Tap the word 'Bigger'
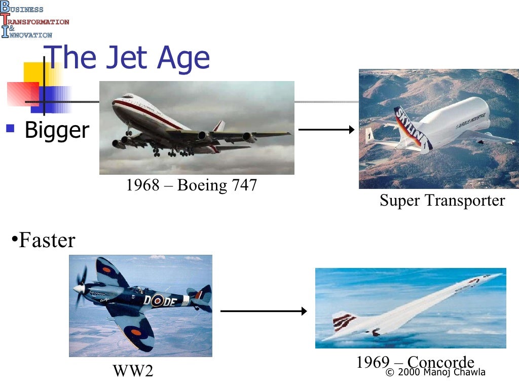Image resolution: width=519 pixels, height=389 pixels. pyautogui.click(x=57, y=130)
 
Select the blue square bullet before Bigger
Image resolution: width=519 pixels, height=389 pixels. pyautogui.click(x=10, y=127)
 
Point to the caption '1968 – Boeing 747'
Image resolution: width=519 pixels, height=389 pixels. pyautogui.click(x=192, y=185)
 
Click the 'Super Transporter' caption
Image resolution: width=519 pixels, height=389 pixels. pyautogui.click(x=442, y=200)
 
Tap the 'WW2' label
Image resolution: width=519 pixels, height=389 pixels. pyautogui.click(x=133, y=371)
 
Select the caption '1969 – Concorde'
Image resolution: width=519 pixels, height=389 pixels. pyautogui.click(x=415, y=362)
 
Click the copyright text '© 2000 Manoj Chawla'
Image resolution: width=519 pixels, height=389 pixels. pyautogui.click(x=435, y=372)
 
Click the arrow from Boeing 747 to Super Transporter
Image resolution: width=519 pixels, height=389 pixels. pyautogui.click(x=326, y=130)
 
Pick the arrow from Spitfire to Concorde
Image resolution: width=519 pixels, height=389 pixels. pyautogui.click(x=264, y=311)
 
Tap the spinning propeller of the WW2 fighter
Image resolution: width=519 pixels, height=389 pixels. pyautogui.click(x=80, y=289)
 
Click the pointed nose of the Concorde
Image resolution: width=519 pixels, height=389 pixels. pyautogui.click(x=499, y=275)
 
